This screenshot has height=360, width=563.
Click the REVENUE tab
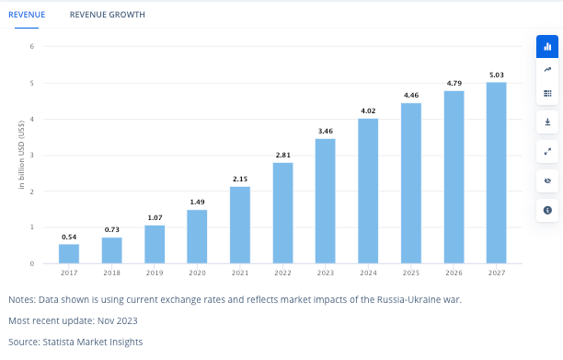27,15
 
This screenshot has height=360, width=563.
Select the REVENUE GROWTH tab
107,15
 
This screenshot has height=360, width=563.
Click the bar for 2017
69,253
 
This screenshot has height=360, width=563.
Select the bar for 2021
239,226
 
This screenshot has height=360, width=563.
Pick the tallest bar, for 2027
496,173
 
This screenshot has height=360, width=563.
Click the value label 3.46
325,132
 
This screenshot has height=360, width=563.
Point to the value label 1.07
155,218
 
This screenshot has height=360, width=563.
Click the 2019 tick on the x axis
155,273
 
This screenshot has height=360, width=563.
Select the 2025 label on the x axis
410,273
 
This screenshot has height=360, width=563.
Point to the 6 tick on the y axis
32,47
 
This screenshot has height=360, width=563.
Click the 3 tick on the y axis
32,156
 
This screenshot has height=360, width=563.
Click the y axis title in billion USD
19,156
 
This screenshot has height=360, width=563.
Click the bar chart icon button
547,45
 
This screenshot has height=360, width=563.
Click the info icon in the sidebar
547,211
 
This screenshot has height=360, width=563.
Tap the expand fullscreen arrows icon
547,151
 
